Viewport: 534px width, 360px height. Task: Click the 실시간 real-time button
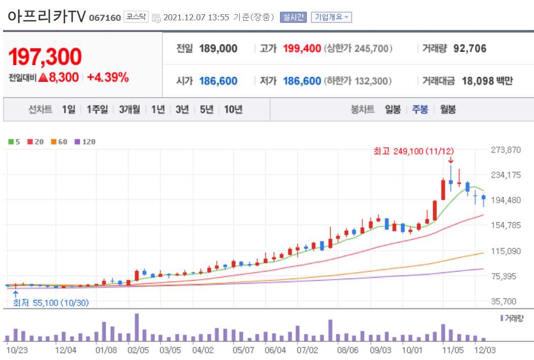[293, 17]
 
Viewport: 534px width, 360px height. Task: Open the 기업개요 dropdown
[331, 17]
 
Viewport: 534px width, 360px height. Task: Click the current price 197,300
[45, 57]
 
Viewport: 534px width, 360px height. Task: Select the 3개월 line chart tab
[130, 109]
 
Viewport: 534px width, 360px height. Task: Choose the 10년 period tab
[233, 109]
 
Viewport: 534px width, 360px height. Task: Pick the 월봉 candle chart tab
[448, 109]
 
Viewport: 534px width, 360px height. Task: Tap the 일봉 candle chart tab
[393, 109]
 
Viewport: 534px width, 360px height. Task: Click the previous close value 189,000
[218, 49]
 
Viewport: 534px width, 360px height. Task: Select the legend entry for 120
[85, 142]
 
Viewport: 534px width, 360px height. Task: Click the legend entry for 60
[59, 142]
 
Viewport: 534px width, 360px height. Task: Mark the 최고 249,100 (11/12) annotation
[414, 151]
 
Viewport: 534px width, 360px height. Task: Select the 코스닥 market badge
[136, 17]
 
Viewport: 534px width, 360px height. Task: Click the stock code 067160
[105, 18]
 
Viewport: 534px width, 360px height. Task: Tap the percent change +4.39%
[108, 78]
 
